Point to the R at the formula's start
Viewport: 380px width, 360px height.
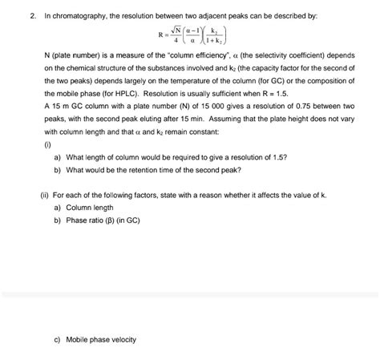click(x=163, y=35)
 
